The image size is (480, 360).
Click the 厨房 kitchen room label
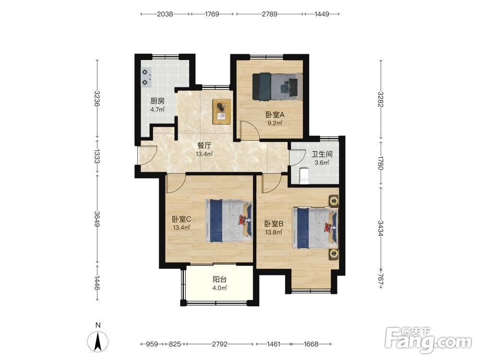157,101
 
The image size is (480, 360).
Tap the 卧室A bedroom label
275,115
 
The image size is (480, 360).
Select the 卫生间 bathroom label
322,154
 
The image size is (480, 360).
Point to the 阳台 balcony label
220,279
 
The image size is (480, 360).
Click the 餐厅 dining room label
204,145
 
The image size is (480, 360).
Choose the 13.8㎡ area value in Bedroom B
274,232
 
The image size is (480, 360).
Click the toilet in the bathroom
304,176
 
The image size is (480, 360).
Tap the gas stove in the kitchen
146,77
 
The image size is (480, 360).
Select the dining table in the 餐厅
222,111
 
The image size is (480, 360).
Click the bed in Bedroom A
277,86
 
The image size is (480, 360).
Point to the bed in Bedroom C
228,221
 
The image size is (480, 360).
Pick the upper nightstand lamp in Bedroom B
334,201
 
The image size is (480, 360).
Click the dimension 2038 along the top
165,14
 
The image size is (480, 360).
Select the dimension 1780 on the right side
381,163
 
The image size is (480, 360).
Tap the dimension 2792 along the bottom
220,344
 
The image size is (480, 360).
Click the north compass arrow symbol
98,342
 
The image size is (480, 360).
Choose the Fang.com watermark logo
428,340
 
